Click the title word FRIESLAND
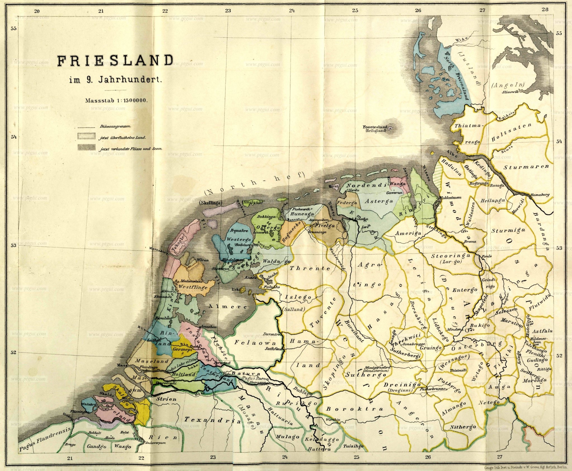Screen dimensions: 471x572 tap(115, 61)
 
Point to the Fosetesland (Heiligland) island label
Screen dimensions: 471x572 tap(375, 128)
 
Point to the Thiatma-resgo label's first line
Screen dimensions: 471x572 tap(468, 126)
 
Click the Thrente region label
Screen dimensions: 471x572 tap(310, 269)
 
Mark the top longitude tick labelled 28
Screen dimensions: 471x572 tap(545, 9)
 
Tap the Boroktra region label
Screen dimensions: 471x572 tap(355, 409)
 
